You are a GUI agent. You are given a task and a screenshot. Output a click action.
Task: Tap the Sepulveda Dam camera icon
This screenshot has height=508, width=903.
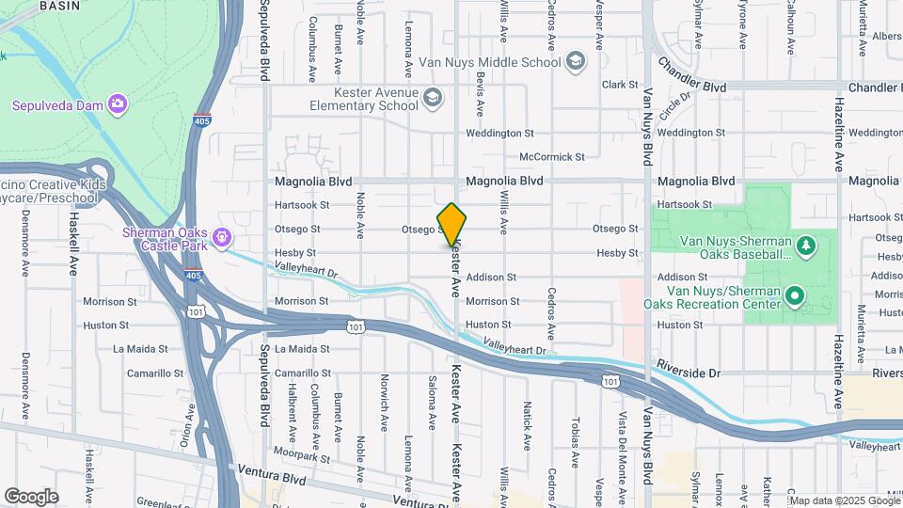click(117, 103)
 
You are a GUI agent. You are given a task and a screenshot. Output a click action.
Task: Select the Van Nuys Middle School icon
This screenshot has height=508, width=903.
click(576, 63)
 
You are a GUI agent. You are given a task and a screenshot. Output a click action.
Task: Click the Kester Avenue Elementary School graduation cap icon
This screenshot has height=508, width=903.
click(432, 97)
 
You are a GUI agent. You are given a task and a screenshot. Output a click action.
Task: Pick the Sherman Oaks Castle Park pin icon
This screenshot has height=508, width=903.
click(222, 238)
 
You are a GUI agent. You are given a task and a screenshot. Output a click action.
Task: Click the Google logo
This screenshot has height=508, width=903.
click(31, 497)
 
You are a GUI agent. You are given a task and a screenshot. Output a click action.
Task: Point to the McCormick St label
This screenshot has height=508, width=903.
click(552, 157)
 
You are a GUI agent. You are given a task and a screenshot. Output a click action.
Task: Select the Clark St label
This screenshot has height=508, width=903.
click(620, 85)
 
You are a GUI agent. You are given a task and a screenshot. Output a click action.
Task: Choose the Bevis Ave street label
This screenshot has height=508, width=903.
click(480, 94)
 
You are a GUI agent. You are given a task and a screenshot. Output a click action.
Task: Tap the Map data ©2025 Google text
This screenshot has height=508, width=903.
click(844, 500)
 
